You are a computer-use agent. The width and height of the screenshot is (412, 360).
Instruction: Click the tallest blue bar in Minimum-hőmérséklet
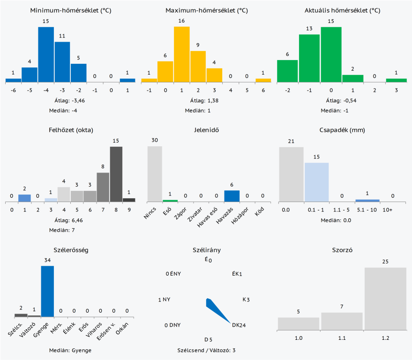click(46, 54)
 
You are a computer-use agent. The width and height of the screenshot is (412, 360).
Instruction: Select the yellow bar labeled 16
click(182, 54)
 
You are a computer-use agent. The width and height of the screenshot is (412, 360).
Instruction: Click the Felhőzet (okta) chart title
click(71, 130)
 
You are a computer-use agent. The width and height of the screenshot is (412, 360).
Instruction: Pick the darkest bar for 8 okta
click(116, 174)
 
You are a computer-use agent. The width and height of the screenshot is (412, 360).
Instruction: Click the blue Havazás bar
click(232, 196)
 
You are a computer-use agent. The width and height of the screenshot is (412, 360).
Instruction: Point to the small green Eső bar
click(170, 201)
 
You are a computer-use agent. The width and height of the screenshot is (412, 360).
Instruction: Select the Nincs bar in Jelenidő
click(155, 174)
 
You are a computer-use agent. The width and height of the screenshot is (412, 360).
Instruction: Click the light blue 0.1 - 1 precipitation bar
click(316, 182)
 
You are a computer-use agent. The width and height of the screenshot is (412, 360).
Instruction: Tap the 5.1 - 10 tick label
click(367, 210)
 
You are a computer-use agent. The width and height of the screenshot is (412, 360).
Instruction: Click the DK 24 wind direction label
click(239, 325)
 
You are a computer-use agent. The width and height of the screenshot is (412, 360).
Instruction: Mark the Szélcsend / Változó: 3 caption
click(207, 350)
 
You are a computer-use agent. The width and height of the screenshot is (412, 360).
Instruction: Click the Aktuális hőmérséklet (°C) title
click(342, 10)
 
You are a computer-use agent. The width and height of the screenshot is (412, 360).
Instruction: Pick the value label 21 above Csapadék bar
click(291, 142)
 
